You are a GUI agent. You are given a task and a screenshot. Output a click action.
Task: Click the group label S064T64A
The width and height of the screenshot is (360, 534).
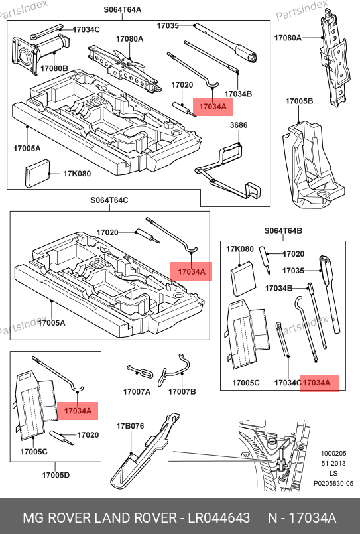coord(123,9)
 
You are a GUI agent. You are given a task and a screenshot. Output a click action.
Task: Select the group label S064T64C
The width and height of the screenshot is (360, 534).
coord(109,200)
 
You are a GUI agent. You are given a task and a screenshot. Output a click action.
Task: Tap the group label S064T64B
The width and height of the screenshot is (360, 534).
coord(283,231)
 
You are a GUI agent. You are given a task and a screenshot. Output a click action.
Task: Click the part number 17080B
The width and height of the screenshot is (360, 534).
coord(54,68)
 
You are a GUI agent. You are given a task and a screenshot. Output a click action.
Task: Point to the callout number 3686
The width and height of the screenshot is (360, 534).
coord(239,125)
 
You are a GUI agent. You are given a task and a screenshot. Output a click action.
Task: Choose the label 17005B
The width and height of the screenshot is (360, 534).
coord(299,101)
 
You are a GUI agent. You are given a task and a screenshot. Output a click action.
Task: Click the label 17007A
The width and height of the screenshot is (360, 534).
coord(137,391)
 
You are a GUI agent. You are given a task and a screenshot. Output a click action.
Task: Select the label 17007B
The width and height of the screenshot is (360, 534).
coord(182,391)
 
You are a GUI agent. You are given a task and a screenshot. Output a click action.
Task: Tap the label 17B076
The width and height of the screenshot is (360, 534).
coord(130,426)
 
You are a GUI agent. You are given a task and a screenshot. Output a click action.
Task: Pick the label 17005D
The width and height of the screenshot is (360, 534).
coord(56,475)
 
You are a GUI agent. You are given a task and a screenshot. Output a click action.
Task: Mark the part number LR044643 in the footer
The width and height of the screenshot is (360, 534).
coord(219,517)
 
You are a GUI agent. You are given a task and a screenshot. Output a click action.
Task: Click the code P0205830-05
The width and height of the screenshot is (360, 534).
coord(333,483)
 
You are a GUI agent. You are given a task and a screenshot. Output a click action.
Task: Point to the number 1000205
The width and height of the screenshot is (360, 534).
coord(333,453)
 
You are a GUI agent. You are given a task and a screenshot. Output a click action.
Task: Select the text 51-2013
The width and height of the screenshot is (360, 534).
coord(333,463)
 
